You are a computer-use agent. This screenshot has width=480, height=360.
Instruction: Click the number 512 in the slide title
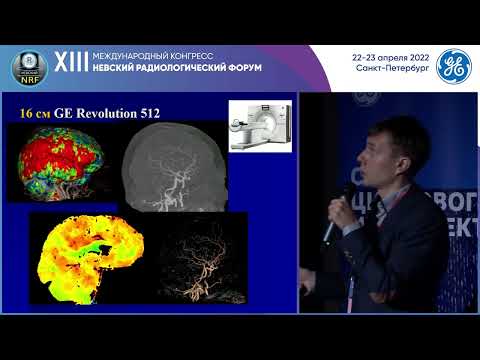tap(163, 114)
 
